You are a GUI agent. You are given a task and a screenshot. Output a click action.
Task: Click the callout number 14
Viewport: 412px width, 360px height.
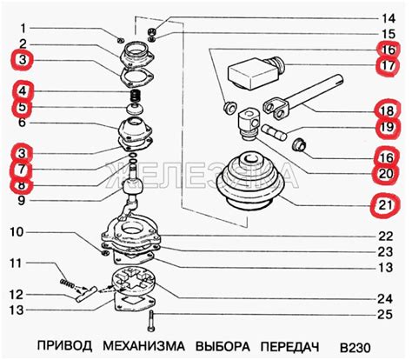pyautogui.click(x=389, y=18)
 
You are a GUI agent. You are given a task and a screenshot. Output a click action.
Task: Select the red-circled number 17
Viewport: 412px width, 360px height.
pyautogui.click(x=388, y=65)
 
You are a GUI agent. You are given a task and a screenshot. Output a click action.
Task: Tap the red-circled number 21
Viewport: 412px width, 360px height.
pyautogui.click(x=386, y=205)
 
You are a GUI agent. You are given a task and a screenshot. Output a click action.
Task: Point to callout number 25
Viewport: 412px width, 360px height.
pyautogui.click(x=385, y=315)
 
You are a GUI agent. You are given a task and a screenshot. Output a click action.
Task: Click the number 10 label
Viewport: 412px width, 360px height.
pyautogui.click(x=17, y=232)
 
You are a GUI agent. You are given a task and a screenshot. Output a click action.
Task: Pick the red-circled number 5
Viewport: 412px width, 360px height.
pyautogui.click(x=23, y=107)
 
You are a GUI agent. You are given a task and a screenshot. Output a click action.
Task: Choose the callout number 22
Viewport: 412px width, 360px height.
pyautogui.click(x=385, y=237)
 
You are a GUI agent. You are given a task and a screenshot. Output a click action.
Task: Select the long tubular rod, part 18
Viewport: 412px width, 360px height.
pyautogui.click(x=303, y=97)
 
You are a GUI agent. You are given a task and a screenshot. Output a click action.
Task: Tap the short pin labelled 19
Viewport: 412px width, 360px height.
pyautogui.click(x=274, y=131)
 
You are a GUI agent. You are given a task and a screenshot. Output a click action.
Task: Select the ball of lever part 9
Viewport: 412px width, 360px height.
pyautogui.click(x=133, y=187)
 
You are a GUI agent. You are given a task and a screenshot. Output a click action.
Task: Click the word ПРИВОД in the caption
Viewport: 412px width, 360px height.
pyautogui.click(x=64, y=346)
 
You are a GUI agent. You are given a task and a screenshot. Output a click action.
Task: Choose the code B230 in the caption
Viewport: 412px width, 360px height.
pyautogui.click(x=356, y=347)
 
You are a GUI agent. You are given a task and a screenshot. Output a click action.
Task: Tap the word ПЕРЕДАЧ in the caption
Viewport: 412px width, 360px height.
pyautogui.click(x=290, y=346)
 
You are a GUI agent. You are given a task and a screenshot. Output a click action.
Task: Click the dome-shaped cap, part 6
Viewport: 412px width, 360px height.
pyautogui.click(x=136, y=128)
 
